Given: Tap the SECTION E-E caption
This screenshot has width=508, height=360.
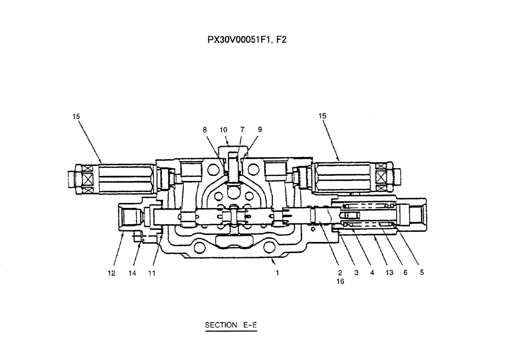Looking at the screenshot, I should (x=231, y=325).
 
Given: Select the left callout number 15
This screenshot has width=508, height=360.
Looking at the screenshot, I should (x=76, y=116).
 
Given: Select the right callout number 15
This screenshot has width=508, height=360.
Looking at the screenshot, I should (x=323, y=116).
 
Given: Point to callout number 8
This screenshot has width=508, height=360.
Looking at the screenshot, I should (x=205, y=130).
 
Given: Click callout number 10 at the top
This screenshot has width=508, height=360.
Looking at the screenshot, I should (x=224, y=130).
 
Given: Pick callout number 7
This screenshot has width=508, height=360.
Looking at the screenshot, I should (x=242, y=130).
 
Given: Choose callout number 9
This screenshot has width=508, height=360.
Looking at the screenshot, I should (x=260, y=130).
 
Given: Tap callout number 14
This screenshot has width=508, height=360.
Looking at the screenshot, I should (x=132, y=273).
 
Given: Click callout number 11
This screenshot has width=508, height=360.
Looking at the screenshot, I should (x=151, y=273).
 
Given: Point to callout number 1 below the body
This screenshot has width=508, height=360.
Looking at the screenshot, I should (x=277, y=273).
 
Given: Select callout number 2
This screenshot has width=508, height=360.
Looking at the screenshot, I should (x=340, y=273).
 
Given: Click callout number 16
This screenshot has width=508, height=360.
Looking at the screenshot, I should (x=340, y=282).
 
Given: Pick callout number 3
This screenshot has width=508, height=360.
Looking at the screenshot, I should (x=357, y=273).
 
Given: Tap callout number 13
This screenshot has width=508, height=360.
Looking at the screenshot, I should (x=389, y=273).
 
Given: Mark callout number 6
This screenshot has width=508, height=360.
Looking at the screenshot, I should (x=405, y=273).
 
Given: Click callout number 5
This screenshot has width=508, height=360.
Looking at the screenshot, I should (x=422, y=273).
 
